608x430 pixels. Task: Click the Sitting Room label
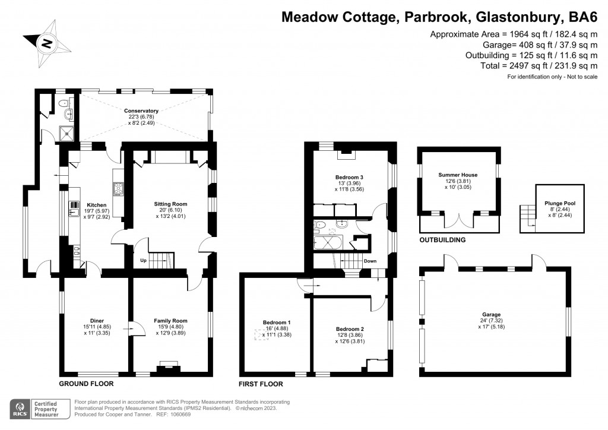click(x=172, y=204)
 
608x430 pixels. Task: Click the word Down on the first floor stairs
click(x=369, y=261)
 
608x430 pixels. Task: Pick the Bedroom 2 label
click(x=350, y=328)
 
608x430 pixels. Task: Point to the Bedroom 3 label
click(x=349, y=177)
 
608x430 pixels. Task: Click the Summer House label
click(x=458, y=175)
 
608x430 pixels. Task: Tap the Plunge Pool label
click(x=560, y=203)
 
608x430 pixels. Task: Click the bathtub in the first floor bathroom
click(x=327, y=244)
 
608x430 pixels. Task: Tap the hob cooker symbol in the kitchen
click(x=118, y=189)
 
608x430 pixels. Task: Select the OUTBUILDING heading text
click(x=442, y=240)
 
